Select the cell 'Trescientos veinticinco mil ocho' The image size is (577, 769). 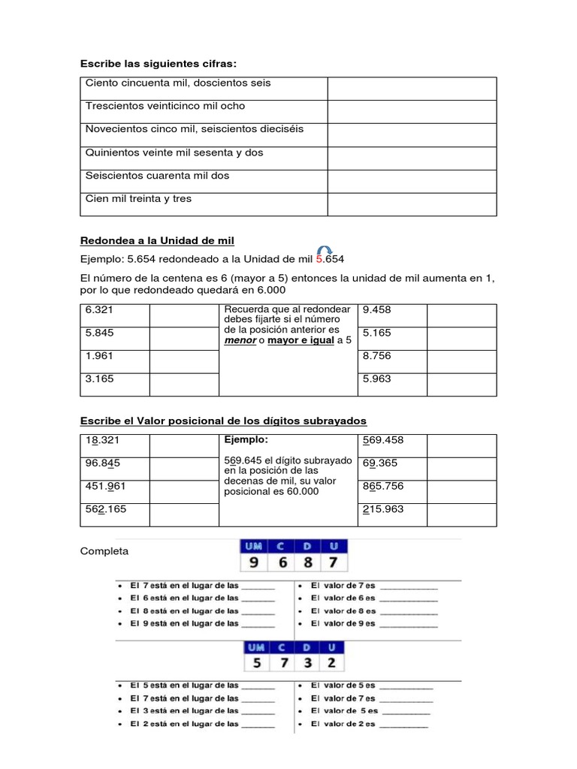pos(165,106)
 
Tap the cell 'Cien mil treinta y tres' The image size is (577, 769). pos(139,199)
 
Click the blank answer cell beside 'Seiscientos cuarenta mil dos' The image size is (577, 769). pos(411,181)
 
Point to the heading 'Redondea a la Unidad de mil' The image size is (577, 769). pos(157,240)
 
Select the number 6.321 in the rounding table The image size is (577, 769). pos(99,309)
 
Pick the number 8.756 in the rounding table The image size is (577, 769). pos(376,356)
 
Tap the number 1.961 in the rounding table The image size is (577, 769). pos(99,356)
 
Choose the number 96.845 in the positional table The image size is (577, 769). pos(103,463)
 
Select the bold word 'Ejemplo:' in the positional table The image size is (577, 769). pos(246,439)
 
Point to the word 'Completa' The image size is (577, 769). pos(104,551)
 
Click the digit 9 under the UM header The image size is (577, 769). pos(254,561)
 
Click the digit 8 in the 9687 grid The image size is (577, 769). pos(307,561)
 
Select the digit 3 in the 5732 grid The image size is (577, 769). pos(307,662)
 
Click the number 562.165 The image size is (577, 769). pos(105,509)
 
